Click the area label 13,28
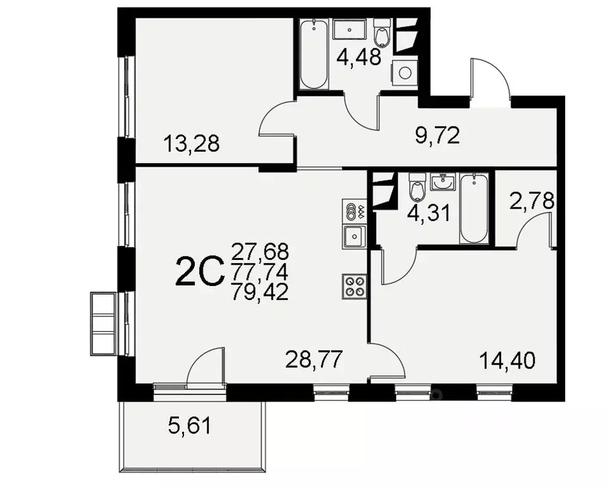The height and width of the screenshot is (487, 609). pos(191,144)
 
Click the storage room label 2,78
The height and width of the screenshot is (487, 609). pos(532,202)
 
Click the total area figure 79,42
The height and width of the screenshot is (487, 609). pos(260,292)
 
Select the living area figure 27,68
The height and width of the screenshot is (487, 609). pos(260,251)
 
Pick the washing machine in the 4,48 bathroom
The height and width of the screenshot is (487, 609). pos(403,73)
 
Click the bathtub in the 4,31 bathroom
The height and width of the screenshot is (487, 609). pos(474,208)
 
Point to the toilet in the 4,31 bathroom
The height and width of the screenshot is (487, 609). pos(417,186)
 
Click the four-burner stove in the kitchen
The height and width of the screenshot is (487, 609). pos(353,285)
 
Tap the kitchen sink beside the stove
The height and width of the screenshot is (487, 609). pos(352,237)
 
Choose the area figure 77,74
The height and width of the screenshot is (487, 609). pos(260,272)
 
